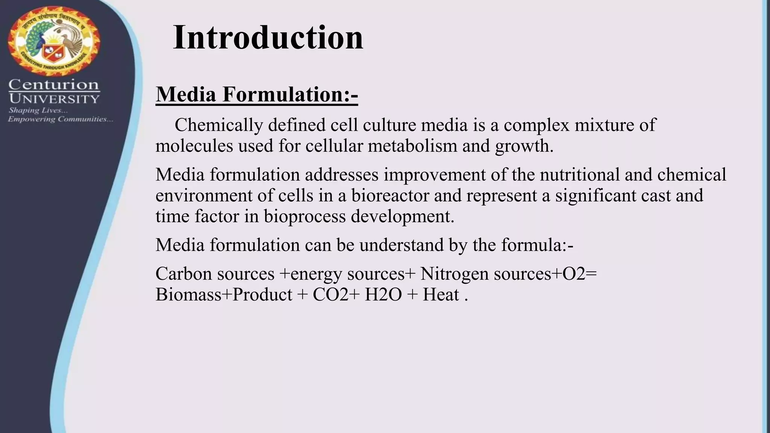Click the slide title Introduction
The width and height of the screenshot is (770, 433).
click(x=268, y=37)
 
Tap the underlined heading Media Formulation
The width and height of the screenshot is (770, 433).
click(x=256, y=94)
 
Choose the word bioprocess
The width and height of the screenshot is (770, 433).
click(x=304, y=216)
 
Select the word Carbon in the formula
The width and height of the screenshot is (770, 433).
click(x=184, y=274)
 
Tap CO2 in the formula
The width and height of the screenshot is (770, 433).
click(x=330, y=294)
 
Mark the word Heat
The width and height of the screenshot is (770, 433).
click(x=441, y=294)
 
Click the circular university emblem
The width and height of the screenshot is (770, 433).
click(x=54, y=41)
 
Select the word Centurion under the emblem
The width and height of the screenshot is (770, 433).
click(x=54, y=85)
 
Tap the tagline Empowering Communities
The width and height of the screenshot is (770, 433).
click(x=60, y=120)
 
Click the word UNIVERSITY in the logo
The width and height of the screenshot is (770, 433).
click(x=54, y=99)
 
